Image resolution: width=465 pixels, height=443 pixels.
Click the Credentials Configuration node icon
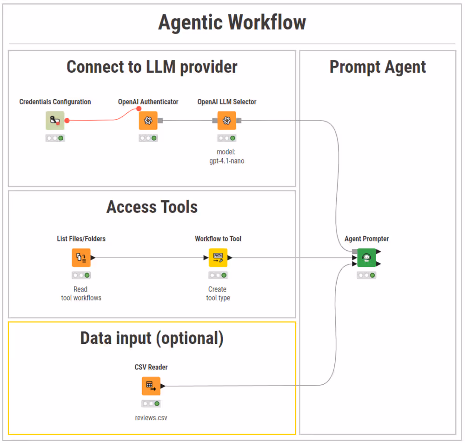55,121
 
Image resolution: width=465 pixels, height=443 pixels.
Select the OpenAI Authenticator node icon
148,121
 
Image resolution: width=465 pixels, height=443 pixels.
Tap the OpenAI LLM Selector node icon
226,121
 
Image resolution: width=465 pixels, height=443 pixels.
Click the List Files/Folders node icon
81,258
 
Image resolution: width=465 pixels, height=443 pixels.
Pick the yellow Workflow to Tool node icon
218,258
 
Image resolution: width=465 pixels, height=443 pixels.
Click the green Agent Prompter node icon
366,258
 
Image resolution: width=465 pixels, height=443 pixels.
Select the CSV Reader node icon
151,386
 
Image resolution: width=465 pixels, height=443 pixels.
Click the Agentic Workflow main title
232,22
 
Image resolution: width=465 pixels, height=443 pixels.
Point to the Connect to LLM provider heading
152,67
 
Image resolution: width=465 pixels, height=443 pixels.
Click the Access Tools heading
152,207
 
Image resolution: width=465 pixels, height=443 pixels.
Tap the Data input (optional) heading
152,338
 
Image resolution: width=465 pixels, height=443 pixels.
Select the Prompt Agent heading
378,67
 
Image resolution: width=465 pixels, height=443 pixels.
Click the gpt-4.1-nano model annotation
226,157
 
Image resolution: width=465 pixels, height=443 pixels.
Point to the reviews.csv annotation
151,418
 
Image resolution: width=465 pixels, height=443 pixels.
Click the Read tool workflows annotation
81,293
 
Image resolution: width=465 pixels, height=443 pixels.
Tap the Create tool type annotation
218,293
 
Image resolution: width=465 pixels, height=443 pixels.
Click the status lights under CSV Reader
151,404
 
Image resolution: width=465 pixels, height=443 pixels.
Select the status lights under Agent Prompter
366,275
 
